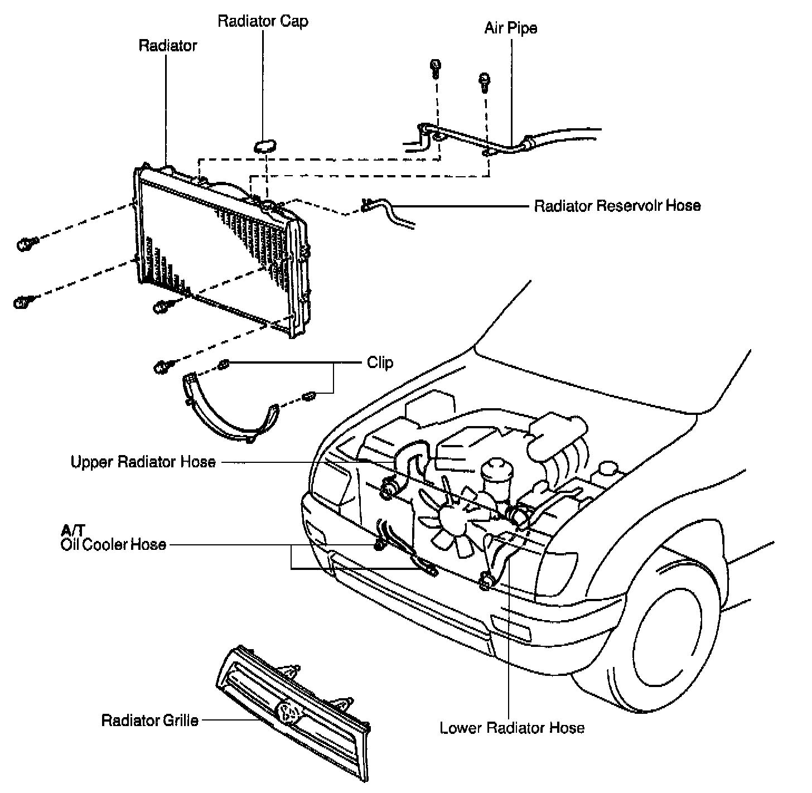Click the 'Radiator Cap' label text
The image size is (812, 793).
click(x=263, y=22)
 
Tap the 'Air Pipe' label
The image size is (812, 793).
click(x=510, y=28)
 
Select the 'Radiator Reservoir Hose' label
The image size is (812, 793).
click(x=617, y=206)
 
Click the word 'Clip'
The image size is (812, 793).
click(x=380, y=362)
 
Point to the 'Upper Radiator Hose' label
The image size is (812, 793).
click(x=143, y=462)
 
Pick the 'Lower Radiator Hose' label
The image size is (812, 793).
click(x=512, y=728)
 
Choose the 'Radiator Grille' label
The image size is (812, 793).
click(x=149, y=720)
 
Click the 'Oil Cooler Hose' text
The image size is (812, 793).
click(x=113, y=544)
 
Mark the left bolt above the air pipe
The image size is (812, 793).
click(x=436, y=67)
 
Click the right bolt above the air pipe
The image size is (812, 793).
click(x=484, y=80)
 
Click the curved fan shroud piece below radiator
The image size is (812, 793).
click(x=226, y=413)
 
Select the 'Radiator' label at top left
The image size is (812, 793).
click(x=167, y=45)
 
